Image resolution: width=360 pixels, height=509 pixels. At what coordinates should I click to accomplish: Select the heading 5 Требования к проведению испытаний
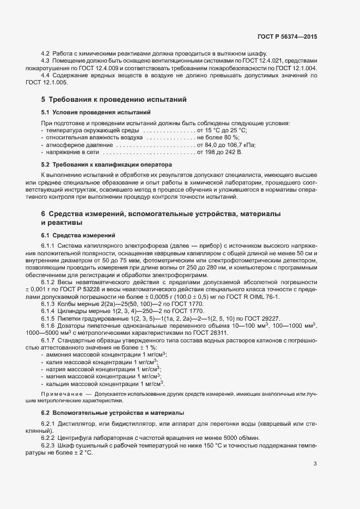pyautogui.click(x=114, y=100)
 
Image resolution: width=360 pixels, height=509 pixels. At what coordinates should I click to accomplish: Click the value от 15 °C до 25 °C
pyautogui.click(x=222, y=131)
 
